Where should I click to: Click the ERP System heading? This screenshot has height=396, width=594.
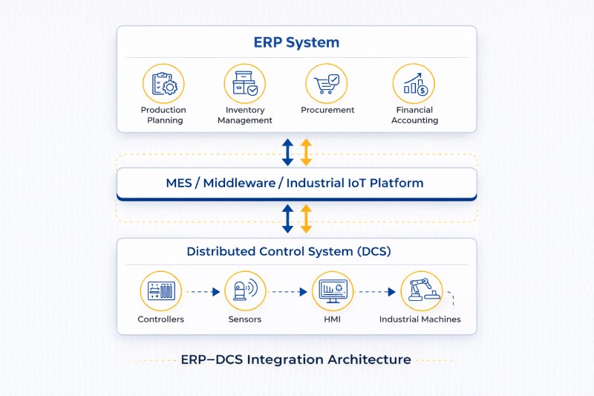pos(296,42)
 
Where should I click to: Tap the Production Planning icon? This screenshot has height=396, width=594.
pos(163,83)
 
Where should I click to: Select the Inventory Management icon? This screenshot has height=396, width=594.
pos(245,83)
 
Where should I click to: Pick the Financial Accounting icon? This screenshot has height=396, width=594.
pos(414,83)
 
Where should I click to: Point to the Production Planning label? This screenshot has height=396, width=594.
pos(163,115)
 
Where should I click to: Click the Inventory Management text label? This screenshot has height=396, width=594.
pos(245,115)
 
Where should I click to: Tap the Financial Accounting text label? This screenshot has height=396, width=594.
pos(414,115)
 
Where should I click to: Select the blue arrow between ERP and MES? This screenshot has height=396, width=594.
pos(287,151)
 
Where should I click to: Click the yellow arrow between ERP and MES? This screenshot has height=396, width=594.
pos(306,151)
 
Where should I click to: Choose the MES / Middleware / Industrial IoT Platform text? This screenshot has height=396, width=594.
pos(296,183)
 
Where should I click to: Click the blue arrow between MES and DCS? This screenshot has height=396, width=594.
pos(287,219)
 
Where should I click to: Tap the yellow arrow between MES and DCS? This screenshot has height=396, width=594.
pos(306,219)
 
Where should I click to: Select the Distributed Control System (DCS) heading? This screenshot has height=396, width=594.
pos(289,251)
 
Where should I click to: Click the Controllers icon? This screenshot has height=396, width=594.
pos(161,291)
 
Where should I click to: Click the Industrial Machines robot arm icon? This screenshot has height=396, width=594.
pos(421,291)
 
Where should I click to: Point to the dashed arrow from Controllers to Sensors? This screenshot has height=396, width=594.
pos(202,292)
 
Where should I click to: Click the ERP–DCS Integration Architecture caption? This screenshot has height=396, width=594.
pos(296,360)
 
